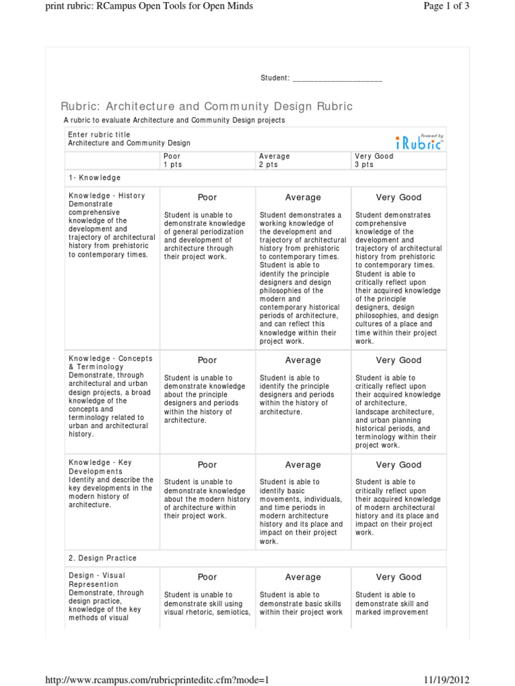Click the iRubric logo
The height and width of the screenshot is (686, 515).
tap(419, 142)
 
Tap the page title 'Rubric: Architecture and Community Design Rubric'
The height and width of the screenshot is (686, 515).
tap(207, 107)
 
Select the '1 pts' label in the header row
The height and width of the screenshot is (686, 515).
tap(172, 164)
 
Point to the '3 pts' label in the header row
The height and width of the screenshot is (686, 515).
tap(364, 164)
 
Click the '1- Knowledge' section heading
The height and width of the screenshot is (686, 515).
tap(95, 178)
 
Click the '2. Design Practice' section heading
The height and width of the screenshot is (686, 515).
tap(103, 558)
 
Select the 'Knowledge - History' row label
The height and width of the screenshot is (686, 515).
tap(107, 196)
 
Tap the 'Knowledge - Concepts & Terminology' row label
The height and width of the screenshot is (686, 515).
tap(110, 362)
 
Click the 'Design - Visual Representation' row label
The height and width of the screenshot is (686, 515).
tap(97, 579)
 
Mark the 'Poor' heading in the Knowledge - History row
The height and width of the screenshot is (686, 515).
tap(207, 198)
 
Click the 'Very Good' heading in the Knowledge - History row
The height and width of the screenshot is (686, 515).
tap(398, 198)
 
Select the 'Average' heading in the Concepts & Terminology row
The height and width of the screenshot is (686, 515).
tap(303, 360)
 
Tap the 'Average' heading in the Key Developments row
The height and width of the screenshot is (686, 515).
tap(303, 465)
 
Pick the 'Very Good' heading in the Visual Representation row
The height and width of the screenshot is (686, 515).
tap(398, 577)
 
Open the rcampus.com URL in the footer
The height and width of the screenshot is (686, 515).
tap(156, 679)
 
